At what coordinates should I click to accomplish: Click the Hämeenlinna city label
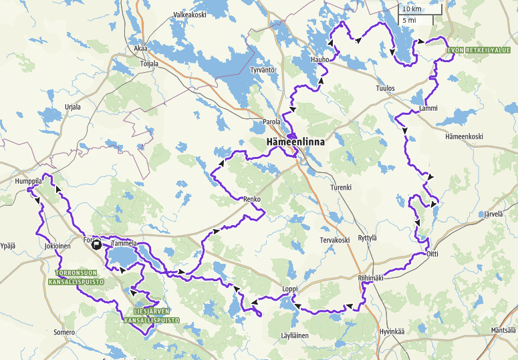click(x=292, y=143)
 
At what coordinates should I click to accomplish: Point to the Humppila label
click(x=29, y=181)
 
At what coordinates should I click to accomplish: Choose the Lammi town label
click(x=428, y=108)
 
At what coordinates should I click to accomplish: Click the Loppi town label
click(x=289, y=289)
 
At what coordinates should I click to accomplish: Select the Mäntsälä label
click(x=503, y=331)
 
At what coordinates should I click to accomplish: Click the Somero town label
click(x=65, y=332)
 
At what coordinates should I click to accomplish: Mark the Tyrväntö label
click(x=263, y=70)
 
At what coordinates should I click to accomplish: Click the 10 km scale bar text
click(x=411, y=9)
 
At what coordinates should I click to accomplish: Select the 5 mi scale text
click(x=409, y=21)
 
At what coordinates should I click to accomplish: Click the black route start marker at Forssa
click(x=98, y=244)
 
